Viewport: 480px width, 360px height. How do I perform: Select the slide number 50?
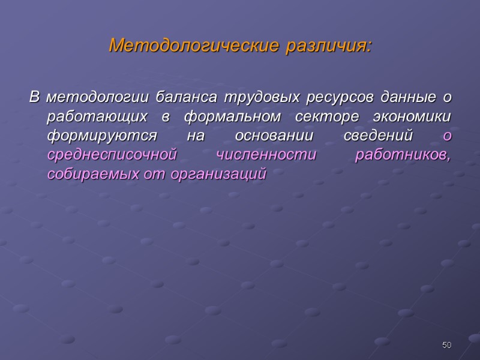[446, 345]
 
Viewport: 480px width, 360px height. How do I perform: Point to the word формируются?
[103, 136]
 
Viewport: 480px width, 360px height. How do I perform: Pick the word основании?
[260, 136]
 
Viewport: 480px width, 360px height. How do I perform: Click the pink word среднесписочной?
[112, 155]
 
